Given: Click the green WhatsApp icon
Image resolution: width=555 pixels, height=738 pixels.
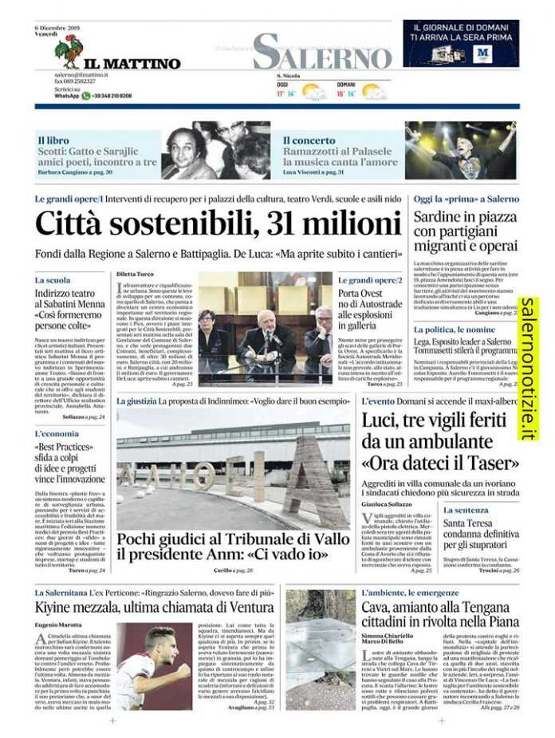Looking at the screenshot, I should [x=85, y=96].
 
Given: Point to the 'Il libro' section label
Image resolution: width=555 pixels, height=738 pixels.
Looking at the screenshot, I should [x=53, y=140].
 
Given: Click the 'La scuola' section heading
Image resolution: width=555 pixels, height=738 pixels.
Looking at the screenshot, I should [x=53, y=281].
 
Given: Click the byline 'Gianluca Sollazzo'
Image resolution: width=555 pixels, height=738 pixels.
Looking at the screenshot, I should [x=388, y=504].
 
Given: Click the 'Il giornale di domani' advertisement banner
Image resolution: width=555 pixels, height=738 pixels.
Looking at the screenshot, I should [x=461, y=43].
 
